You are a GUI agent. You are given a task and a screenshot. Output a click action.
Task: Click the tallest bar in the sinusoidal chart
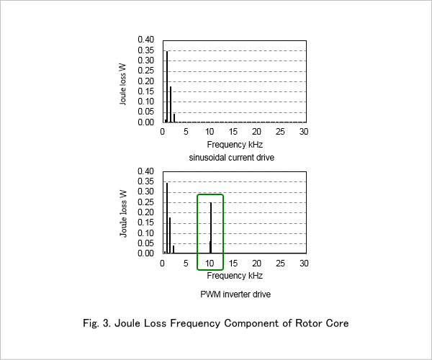167,86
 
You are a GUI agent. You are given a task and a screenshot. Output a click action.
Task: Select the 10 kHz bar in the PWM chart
211,228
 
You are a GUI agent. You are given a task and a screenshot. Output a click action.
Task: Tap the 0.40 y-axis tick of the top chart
145,40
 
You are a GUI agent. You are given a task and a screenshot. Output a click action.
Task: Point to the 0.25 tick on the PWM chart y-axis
145,202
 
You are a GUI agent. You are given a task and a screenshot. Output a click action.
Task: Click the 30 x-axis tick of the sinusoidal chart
304,132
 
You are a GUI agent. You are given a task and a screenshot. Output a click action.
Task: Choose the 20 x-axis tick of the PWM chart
256,264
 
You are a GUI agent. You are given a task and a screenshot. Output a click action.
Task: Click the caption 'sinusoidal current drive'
232,158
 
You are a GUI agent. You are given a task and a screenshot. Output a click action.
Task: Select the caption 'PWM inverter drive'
235,294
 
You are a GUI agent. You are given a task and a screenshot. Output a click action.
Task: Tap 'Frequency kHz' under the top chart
235,145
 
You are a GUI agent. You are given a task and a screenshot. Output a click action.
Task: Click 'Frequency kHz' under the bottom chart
235,276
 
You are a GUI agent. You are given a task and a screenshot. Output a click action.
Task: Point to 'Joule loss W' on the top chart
123,84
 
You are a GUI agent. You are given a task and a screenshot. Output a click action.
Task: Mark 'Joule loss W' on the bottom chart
123,213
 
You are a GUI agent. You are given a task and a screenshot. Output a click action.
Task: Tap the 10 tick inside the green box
210,264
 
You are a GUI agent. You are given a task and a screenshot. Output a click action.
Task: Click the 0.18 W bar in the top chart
171,104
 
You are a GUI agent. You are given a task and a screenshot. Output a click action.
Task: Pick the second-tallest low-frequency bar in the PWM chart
170,235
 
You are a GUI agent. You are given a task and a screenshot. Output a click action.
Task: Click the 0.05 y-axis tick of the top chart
145,112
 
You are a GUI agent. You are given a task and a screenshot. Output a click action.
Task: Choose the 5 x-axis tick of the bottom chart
186,264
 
